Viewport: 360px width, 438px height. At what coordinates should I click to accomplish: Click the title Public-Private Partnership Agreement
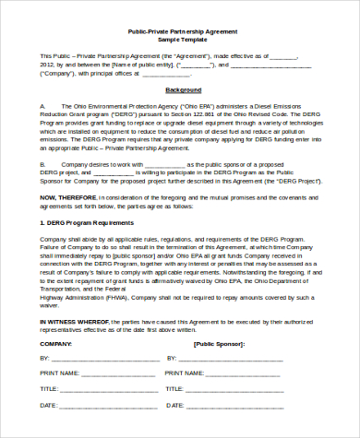tap(181, 31)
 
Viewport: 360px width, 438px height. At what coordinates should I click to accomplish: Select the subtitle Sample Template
tap(181, 40)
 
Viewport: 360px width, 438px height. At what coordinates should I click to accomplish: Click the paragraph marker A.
tap(42, 106)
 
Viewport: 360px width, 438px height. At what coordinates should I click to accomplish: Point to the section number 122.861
tap(198, 114)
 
